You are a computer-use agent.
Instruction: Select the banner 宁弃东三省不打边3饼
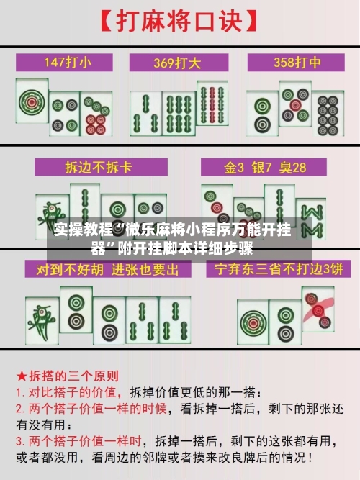pyautogui.click(x=274, y=270)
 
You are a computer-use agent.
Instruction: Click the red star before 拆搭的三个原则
pyautogui.click(x=22, y=376)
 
